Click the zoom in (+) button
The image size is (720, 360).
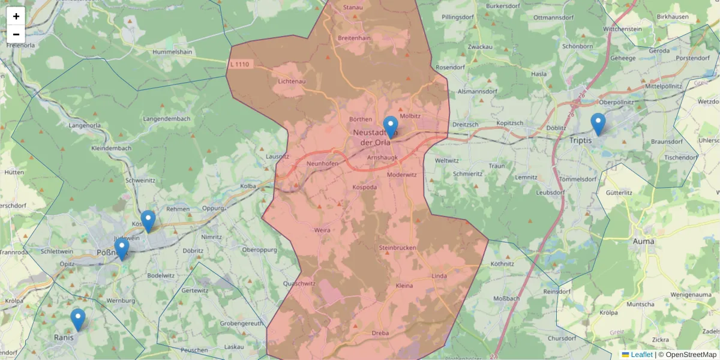[16, 16]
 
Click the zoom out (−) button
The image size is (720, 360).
[16, 34]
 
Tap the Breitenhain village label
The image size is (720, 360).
[354, 38]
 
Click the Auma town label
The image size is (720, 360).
[644, 241]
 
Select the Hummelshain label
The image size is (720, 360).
[172, 52]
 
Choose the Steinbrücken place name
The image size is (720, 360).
[398, 248]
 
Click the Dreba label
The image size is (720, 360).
[380, 333]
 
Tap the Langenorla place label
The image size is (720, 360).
[85, 125]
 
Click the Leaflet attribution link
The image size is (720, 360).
[641, 355]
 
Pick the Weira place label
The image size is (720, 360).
[322, 229]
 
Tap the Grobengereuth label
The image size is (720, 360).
[241, 323]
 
